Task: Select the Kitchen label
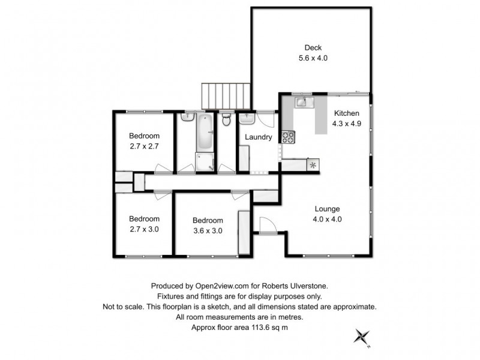coord(346,113)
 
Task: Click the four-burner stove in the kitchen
coord(287,137)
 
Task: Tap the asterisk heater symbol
coord(313,164)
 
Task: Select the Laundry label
coord(258,137)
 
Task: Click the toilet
coord(226,121)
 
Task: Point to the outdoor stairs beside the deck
coord(225,97)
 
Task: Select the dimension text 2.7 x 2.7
coord(143,145)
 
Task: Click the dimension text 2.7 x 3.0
coord(143,229)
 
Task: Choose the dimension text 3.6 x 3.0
coord(208,230)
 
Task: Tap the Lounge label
coord(328,209)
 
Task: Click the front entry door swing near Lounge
coord(266,226)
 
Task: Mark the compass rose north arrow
coord(362,337)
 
